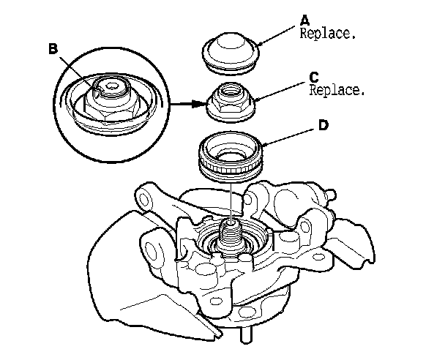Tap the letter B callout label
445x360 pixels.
point(52,49)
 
